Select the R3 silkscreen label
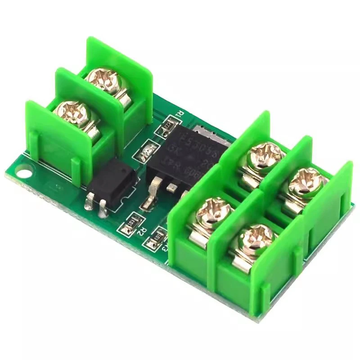165,247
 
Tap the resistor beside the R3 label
158,236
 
